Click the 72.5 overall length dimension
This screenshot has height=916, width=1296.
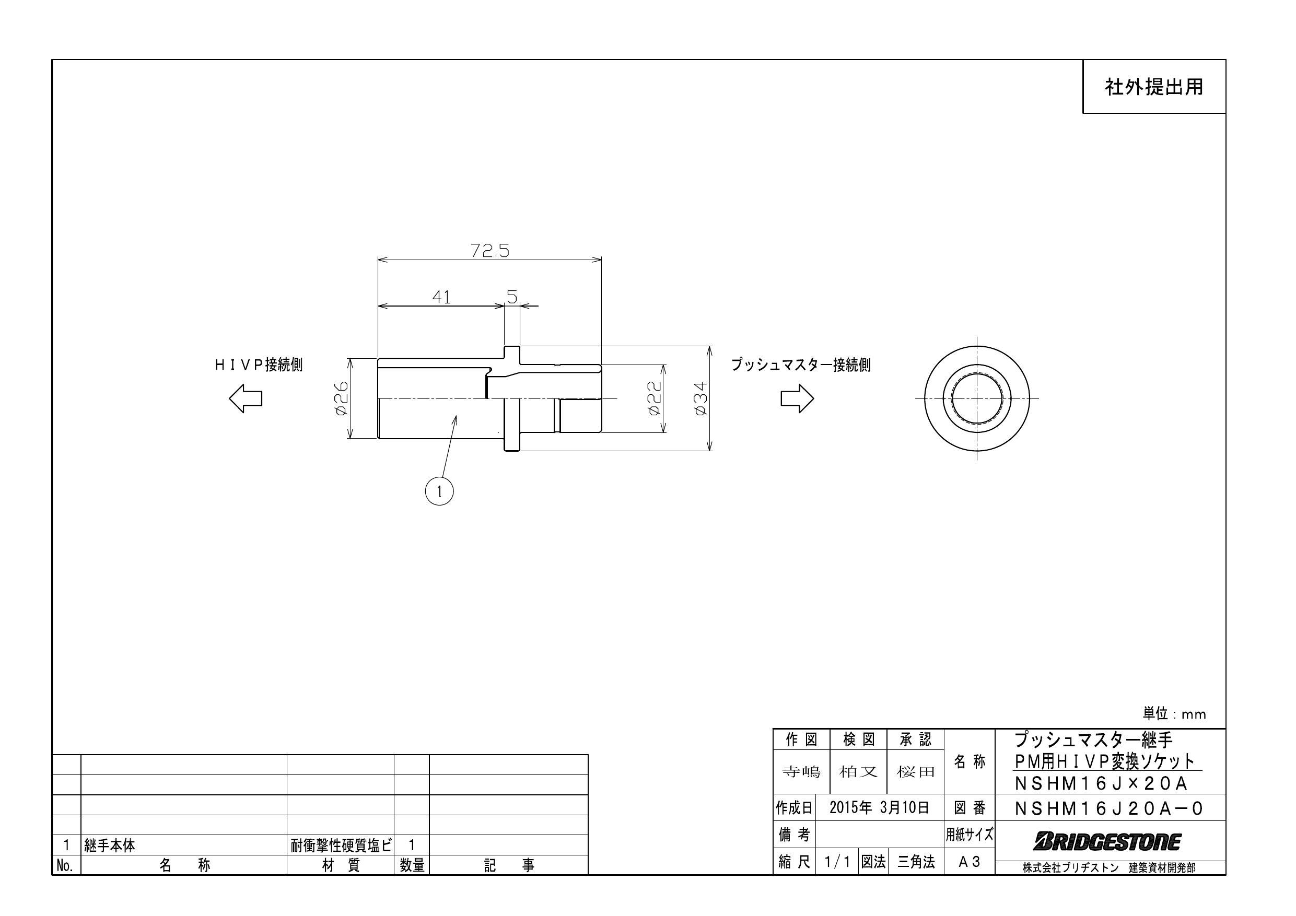[489, 251]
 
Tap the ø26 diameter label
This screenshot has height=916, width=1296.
[341, 397]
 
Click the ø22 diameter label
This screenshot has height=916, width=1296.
[653, 398]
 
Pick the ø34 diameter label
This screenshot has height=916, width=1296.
[700, 398]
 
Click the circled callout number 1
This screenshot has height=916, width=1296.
[439, 491]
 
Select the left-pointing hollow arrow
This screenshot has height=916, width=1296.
[246, 398]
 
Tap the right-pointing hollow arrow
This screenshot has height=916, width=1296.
[797, 398]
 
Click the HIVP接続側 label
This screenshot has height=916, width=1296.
[259, 365]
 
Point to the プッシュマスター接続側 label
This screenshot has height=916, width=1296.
[800, 365]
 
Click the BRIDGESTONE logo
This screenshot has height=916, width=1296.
[1107, 842]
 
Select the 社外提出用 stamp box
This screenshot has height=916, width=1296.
[1153, 87]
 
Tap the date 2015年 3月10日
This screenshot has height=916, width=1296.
[879, 808]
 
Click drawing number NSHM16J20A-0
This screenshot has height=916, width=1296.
[1108, 809]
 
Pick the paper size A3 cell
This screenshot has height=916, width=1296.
[968, 862]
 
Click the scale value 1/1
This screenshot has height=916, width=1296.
[836, 862]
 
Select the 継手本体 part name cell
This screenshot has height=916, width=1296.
[110, 845]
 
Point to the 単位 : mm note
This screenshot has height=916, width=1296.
[1174, 714]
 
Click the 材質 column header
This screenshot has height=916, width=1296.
[341, 865]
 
